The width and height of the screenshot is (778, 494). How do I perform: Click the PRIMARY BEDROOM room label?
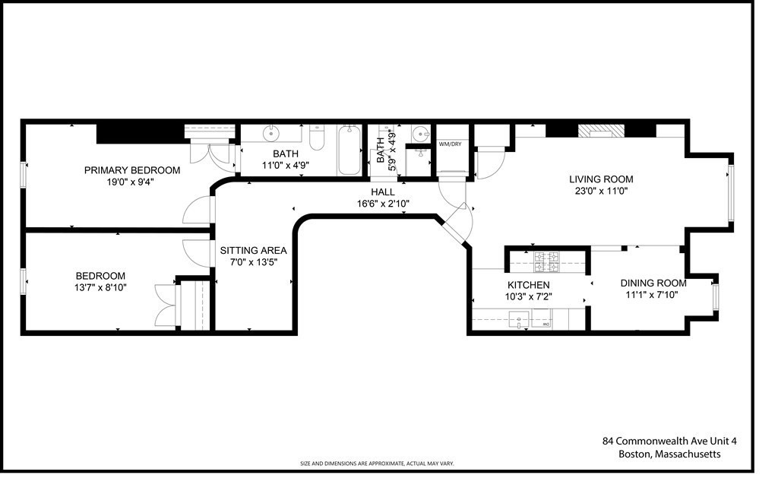pos(132,170)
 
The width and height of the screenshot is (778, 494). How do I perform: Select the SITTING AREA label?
pos(253,250)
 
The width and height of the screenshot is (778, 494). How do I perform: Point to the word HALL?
pos(383,192)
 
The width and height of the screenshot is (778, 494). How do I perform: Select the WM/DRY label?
pos(450,144)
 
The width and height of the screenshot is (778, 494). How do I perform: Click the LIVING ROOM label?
pos(601,179)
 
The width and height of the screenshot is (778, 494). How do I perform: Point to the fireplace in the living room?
pos(600,131)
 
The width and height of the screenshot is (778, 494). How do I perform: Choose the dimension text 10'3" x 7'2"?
pos(528,296)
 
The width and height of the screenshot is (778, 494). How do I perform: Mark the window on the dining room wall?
pos(715,296)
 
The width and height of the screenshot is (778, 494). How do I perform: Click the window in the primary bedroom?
pos(23,174)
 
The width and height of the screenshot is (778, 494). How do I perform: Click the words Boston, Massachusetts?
pos(669,454)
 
